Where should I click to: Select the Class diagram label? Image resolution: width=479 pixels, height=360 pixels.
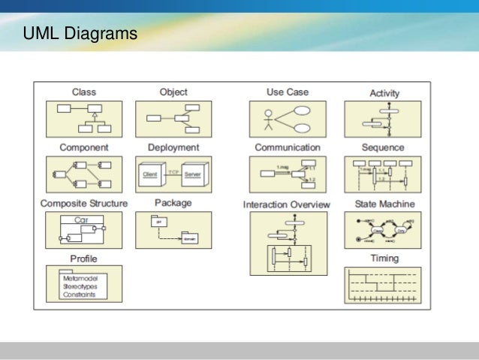point(83,92)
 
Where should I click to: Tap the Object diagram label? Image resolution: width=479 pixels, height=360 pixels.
point(173,92)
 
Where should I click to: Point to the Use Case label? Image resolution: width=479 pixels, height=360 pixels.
point(287,92)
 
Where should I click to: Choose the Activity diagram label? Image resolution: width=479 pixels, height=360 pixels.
point(384,93)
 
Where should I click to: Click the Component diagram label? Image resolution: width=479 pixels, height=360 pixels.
point(83,147)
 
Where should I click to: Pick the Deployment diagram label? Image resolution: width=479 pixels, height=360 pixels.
point(173,147)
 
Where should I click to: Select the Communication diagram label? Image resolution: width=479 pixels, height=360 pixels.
point(287,147)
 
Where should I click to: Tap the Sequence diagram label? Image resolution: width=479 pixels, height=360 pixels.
point(383,147)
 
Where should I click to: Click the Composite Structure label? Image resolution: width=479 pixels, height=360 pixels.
point(83,203)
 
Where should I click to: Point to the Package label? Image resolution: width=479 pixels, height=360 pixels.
point(173,202)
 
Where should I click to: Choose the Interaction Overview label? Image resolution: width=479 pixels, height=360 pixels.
point(287,204)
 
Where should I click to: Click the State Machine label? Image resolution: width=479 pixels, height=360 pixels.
point(383,203)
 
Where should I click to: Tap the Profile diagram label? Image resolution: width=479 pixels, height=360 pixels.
point(83,259)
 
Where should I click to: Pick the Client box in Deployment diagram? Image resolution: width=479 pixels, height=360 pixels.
point(153,174)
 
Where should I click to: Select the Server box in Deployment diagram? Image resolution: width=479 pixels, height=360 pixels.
point(193,174)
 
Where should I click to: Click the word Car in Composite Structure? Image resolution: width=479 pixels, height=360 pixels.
point(83,220)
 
